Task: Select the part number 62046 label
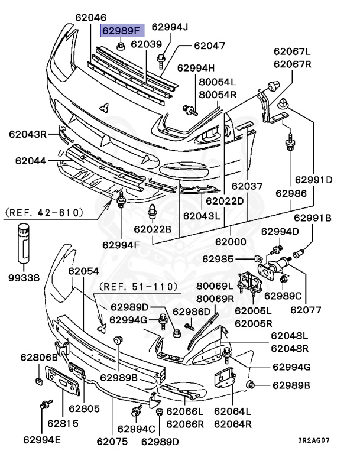pos(90,17)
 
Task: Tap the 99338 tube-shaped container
pos(23,243)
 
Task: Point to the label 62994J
pos(170,27)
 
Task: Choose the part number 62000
pos(230,242)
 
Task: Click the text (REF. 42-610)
pos(44,212)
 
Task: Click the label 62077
pos(306,308)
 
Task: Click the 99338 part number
pos(23,277)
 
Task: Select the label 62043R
pos(27,134)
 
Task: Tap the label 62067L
pos(291,51)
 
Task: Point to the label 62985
pos(218,258)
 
